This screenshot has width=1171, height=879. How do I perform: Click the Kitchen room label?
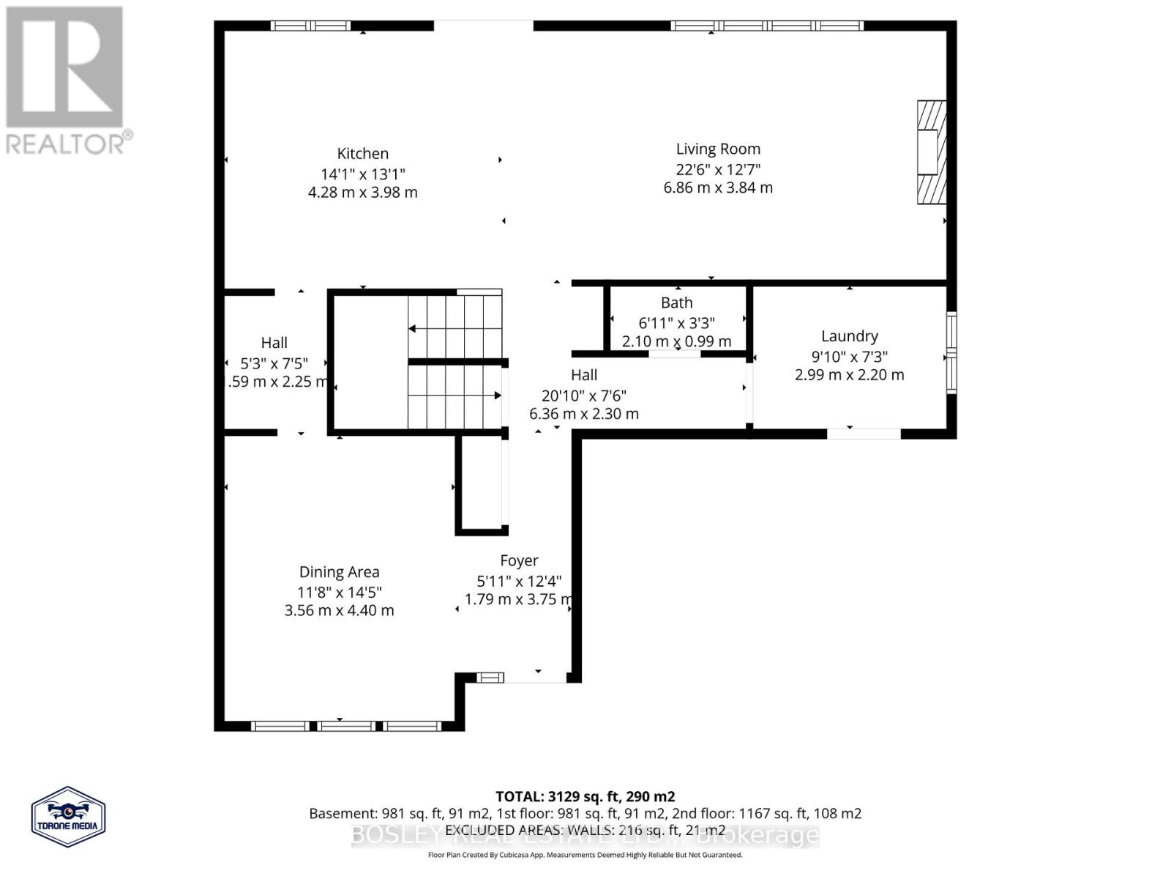click(x=362, y=154)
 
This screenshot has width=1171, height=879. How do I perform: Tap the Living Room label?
click(x=718, y=149)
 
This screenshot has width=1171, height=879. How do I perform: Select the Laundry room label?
click(x=849, y=336)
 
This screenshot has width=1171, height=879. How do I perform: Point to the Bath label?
click(x=676, y=303)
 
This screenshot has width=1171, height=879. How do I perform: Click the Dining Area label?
click(x=339, y=572)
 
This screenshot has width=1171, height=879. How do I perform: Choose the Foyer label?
click(x=519, y=561)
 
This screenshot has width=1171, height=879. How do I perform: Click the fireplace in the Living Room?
click(x=932, y=152)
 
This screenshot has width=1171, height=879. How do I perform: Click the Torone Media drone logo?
click(x=69, y=817)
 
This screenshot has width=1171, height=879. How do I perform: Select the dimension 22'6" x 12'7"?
click(x=718, y=169)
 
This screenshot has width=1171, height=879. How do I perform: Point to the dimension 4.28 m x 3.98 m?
click(x=362, y=193)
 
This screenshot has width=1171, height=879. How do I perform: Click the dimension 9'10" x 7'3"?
click(x=849, y=357)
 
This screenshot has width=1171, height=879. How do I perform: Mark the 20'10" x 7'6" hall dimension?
click(x=583, y=396)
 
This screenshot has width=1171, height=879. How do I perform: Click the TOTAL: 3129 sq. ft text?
click(x=585, y=796)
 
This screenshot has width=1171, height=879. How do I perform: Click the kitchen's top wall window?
click(x=310, y=26)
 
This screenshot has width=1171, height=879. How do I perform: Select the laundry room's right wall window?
click(x=951, y=354)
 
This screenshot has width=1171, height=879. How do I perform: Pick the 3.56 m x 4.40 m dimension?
click(x=339, y=611)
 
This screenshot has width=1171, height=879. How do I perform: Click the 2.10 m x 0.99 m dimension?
click(x=676, y=341)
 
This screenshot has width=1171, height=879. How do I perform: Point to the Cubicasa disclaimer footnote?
click(x=585, y=855)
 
